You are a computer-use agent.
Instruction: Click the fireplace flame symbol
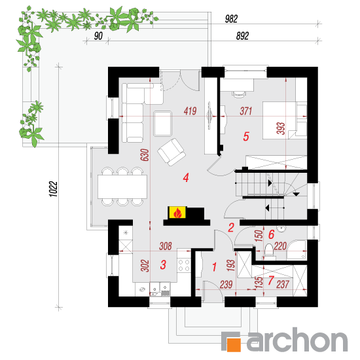pos(177,213)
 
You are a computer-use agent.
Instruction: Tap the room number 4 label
pos(186,177)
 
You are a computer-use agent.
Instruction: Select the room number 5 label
pos(246,136)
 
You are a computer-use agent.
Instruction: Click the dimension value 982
pos(231,19)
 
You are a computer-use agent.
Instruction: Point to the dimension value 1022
pos(54,189)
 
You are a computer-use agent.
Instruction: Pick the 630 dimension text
pos(145,155)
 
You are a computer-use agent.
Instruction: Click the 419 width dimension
pos(190,111)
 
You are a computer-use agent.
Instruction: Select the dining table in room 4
pos(122,187)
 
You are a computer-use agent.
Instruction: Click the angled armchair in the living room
pos(171,152)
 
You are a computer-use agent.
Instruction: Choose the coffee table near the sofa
pos(163,124)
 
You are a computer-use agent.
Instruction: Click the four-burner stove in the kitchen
pos(184,265)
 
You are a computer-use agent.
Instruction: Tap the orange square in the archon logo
pos(234,344)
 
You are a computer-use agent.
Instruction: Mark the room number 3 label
pos(163,264)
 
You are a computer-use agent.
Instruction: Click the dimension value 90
pos(98,36)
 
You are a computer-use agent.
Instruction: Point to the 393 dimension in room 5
pos(281,128)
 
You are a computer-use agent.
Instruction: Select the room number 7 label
pos(271,280)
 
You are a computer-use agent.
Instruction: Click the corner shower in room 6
pos(297,250)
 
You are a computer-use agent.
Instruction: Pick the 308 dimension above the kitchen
pos(166,246)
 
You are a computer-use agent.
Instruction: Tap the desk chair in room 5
pos(239,94)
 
